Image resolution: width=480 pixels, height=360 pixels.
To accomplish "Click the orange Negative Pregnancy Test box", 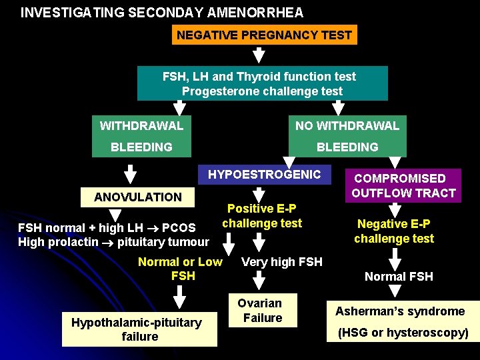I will pyautogui.click(x=264, y=35).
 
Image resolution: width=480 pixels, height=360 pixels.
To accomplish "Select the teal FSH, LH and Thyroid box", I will pyautogui.click(x=262, y=83).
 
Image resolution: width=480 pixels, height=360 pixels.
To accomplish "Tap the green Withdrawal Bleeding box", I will pyautogui.click(x=141, y=136).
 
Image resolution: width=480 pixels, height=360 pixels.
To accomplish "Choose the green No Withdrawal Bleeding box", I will pyautogui.click(x=347, y=136).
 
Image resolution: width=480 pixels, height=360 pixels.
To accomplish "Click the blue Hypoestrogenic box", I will pyautogui.click(x=265, y=175).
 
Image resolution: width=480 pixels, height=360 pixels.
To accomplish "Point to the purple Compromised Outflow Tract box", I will pyautogui.click(x=403, y=186).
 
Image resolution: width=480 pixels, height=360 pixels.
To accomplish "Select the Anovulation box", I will pyautogui.click(x=138, y=197).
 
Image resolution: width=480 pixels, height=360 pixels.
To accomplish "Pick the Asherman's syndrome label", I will pyautogui.click(x=400, y=311).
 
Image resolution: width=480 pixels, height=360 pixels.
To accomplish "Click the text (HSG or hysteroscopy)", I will pyautogui.click(x=403, y=333).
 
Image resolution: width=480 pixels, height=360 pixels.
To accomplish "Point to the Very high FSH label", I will pyautogui.click(x=281, y=262).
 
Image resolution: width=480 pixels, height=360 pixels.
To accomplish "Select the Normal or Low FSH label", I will pyautogui.click(x=180, y=268).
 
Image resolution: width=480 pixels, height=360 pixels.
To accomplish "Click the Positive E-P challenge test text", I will pyautogui.click(x=262, y=216).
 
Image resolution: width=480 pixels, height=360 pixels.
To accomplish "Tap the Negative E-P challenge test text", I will pyautogui.click(x=394, y=231).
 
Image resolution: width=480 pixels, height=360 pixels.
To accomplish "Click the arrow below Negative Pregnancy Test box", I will pyautogui.click(x=258, y=55).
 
